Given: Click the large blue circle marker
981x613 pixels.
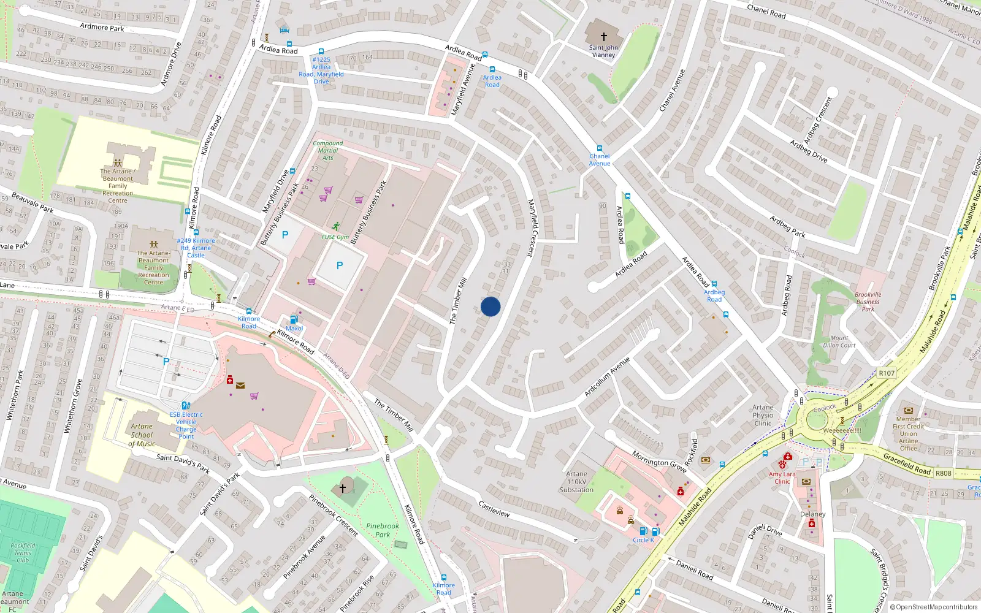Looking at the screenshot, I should point(490,306).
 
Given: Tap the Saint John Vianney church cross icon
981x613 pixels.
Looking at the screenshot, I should point(604,37).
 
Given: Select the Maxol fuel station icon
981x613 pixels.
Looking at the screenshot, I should point(294,319).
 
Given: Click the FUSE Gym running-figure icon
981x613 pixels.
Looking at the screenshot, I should point(335,226).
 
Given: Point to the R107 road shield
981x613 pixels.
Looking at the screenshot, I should point(887,373).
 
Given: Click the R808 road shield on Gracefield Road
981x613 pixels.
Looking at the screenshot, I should point(943,473).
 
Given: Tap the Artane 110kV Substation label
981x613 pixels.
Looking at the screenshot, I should point(576,482).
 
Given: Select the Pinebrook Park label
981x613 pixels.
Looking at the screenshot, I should point(383,530).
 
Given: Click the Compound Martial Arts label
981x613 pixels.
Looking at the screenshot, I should point(328,150).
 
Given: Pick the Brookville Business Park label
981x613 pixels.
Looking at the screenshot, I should point(868,302).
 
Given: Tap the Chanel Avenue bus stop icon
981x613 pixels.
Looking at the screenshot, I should point(600,148).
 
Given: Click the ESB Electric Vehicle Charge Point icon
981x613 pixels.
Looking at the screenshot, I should point(186,405).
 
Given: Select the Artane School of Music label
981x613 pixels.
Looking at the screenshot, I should point(142,435).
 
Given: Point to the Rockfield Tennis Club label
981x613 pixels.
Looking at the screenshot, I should point(23,552).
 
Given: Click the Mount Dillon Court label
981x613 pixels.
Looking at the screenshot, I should point(839,341).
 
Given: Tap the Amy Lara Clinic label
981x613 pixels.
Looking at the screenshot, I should point(782,478).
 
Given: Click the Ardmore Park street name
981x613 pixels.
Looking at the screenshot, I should point(102,27).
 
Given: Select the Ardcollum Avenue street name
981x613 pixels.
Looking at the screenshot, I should point(607,376).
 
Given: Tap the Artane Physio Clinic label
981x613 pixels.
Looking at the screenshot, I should point(763,415).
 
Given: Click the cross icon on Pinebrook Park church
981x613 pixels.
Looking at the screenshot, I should point(343,488).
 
